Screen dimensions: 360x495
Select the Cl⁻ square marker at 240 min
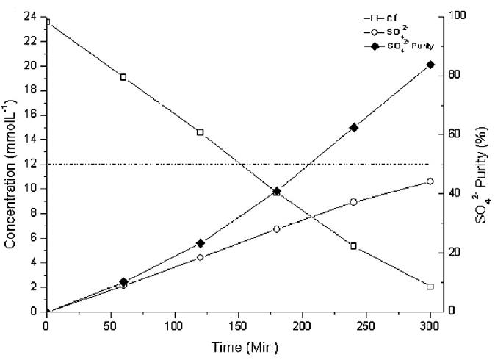[x=353, y=246]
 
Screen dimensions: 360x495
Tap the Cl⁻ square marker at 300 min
[x=430, y=287]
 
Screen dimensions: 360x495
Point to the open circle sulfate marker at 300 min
[x=430, y=181]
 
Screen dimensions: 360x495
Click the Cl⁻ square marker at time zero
[x=47, y=21]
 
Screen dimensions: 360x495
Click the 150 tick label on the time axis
[x=239, y=325]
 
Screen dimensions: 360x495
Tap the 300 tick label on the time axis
[x=430, y=325]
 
